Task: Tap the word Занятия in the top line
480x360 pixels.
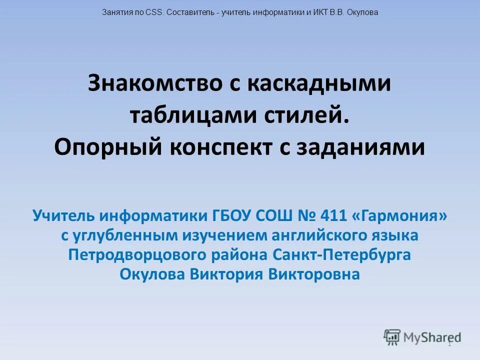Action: point(118,12)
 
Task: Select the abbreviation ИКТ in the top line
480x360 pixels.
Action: point(320,12)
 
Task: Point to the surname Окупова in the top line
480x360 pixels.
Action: point(360,12)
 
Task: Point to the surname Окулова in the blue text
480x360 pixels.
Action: point(152,274)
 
